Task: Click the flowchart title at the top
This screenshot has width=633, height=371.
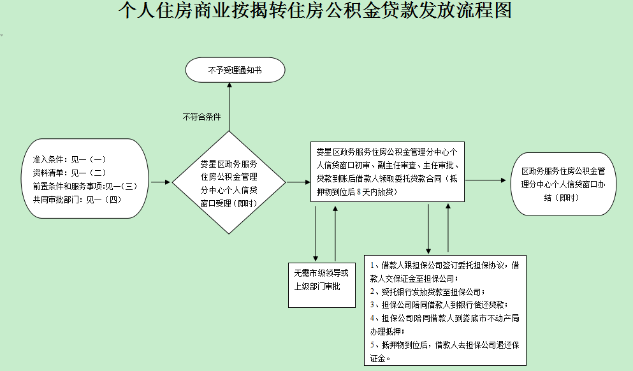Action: (x=316, y=11)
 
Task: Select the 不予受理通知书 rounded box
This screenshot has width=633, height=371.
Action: (x=235, y=70)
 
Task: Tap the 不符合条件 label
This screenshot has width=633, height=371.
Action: (x=201, y=117)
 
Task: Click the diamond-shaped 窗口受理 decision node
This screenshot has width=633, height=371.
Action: (x=229, y=183)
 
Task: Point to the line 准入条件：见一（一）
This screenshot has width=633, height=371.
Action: (x=69, y=159)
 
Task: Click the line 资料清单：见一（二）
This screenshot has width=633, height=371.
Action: (x=69, y=172)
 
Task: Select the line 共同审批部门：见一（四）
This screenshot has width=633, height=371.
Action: (x=77, y=199)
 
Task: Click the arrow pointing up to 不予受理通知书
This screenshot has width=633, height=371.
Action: (x=229, y=108)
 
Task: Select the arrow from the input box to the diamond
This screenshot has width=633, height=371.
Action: (x=160, y=182)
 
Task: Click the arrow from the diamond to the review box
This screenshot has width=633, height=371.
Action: (x=298, y=182)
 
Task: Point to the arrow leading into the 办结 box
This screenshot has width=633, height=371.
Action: (x=488, y=181)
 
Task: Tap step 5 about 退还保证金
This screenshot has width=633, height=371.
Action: (x=445, y=351)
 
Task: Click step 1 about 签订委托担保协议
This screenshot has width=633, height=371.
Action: (x=445, y=271)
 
